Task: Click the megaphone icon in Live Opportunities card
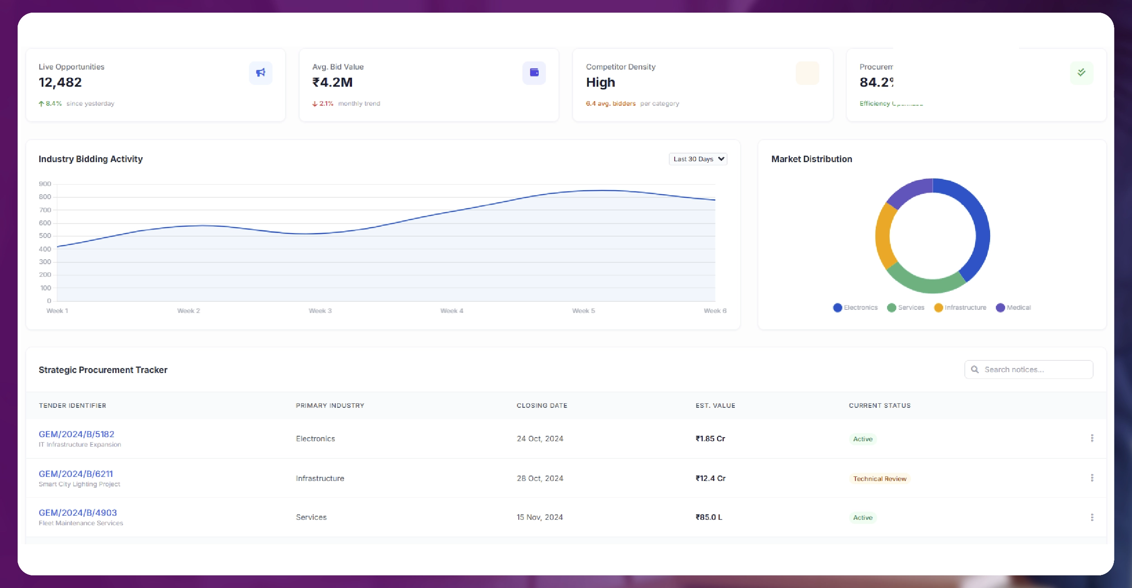pos(261,73)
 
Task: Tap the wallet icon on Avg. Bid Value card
pos(534,73)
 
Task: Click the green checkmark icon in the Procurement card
pos(1081,73)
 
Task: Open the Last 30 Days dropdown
pos(698,159)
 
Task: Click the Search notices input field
pos(1035,369)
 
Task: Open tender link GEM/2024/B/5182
pos(76,434)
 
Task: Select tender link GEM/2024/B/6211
pos(76,474)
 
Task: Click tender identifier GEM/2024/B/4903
pos(78,513)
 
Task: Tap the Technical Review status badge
pos(879,479)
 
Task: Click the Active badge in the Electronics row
pos(863,439)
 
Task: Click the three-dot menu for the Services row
pos(1092,517)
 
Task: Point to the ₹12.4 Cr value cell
pos(710,478)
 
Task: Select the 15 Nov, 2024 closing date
pos(540,517)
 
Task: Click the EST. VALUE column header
pos(715,406)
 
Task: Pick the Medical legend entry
pos(1013,308)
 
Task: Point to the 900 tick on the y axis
pos(45,184)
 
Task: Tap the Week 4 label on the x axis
pos(451,311)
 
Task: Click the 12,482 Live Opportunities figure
pos(60,82)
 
